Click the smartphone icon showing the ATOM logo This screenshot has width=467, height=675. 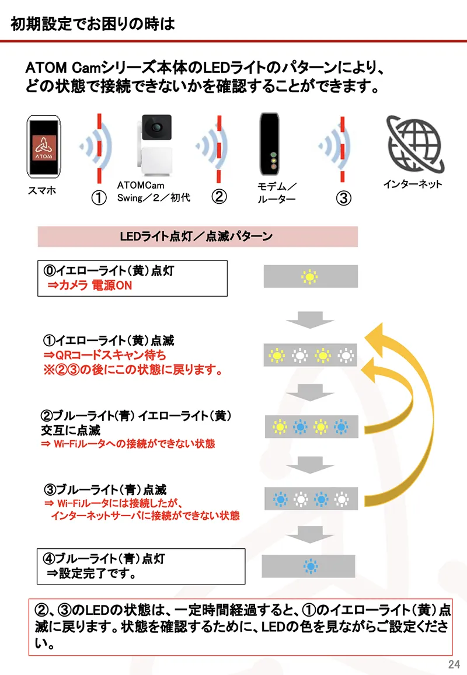point(43,146)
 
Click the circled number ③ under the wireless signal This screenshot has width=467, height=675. point(344,197)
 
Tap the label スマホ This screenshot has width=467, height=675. point(42,190)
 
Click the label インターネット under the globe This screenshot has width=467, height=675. point(412,184)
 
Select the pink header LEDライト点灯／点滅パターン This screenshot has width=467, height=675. point(197,237)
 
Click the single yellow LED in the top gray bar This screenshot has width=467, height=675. point(309,276)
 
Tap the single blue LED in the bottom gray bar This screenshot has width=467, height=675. point(309,565)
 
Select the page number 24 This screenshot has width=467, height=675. point(454,664)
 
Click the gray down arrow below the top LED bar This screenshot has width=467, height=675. point(309,319)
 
